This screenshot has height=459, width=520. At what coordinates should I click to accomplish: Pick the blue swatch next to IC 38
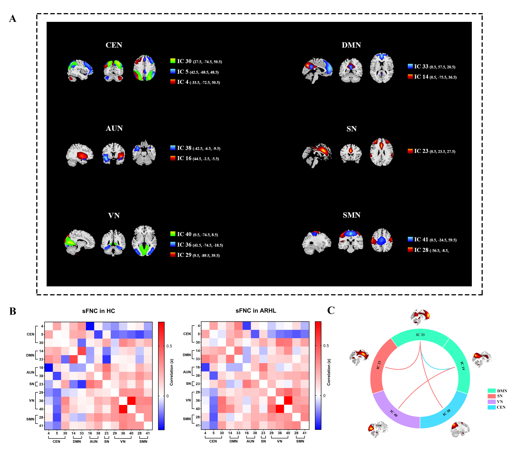[x=173, y=148]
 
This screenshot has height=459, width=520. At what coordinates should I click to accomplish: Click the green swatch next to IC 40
[x=173, y=234]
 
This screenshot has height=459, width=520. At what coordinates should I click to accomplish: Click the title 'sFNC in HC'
[x=98, y=311]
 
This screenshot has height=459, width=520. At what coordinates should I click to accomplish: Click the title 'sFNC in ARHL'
[x=256, y=311]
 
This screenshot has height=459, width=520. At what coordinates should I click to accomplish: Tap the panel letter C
[x=331, y=310]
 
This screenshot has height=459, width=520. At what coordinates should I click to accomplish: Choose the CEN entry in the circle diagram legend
[x=501, y=407]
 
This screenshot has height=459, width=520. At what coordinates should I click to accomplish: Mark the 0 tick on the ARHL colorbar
[x=324, y=396]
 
